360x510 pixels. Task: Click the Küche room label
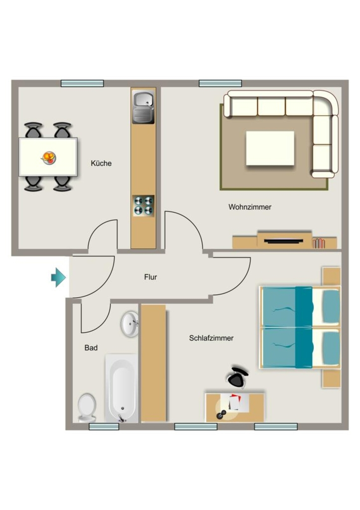pyautogui.click(x=101, y=163)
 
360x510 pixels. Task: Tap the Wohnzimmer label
pyautogui.click(x=250, y=207)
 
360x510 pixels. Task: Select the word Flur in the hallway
pyautogui.click(x=150, y=277)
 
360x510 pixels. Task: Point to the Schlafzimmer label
pyautogui.click(x=212, y=338)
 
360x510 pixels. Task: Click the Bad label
pyautogui.click(x=91, y=348)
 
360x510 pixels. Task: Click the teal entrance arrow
pyautogui.click(x=59, y=277)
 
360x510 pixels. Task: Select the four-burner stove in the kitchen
pyautogui.click(x=143, y=206)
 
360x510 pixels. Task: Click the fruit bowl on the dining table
pyautogui.click(x=49, y=158)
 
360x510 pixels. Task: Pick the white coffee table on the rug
pyautogui.click(x=270, y=148)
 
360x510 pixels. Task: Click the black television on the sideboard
pyautogui.click(x=284, y=241)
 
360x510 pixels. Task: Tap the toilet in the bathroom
pyautogui.click(x=87, y=408)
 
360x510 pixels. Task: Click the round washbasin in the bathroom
pyautogui.click(x=130, y=324)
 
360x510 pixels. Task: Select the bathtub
pyautogui.click(x=121, y=388)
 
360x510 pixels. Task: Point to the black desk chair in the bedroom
pyautogui.click(x=238, y=378)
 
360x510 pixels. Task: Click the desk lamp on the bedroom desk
pyautogui.click(x=222, y=414)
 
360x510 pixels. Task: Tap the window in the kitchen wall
pyautogui.click(x=82, y=83)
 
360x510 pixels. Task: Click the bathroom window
pyautogui.click(x=104, y=427)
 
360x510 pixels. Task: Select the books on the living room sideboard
pyautogui.click(x=319, y=243)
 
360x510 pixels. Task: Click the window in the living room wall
pyautogui.click(x=220, y=83)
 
